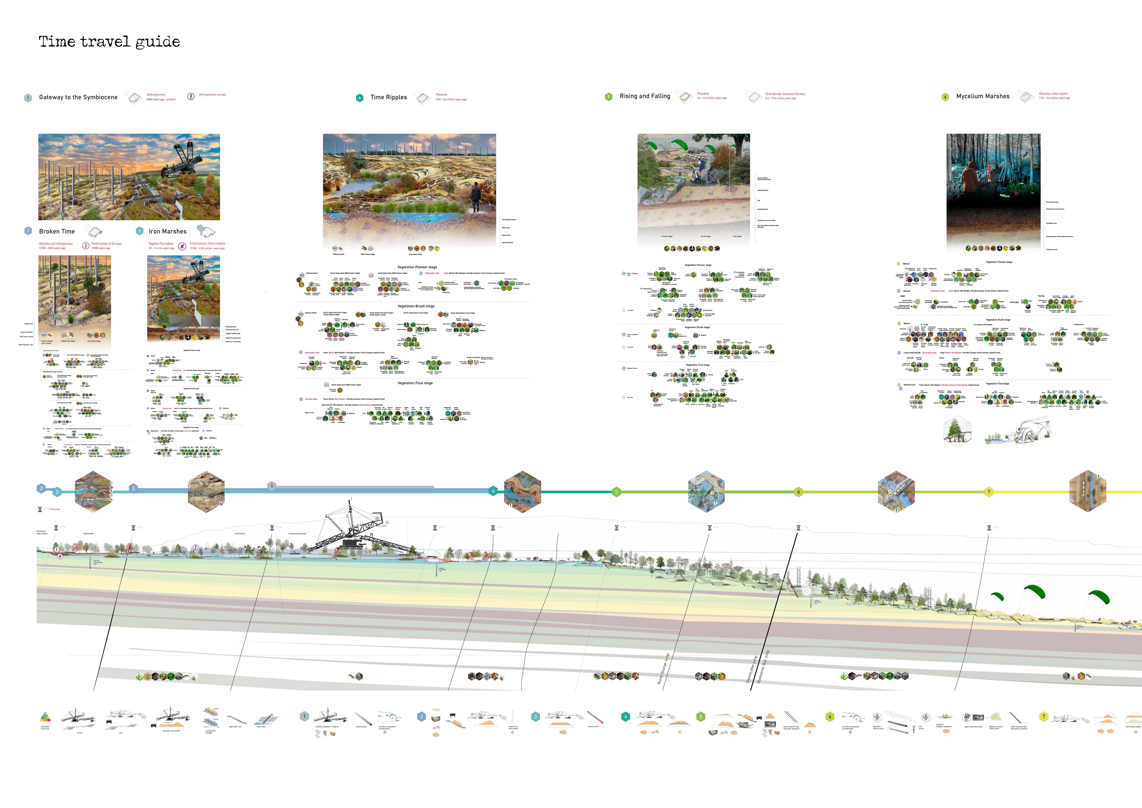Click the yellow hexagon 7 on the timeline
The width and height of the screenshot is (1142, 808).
coord(988,492)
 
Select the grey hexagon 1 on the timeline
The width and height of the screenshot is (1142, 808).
coord(272,486)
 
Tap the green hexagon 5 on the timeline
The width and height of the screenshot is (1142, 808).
coord(616,492)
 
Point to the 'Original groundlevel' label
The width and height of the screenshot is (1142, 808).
coord(297,533)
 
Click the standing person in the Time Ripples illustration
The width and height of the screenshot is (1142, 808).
coord(475,196)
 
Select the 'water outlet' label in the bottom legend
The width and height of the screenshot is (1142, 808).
coord(261,727)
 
